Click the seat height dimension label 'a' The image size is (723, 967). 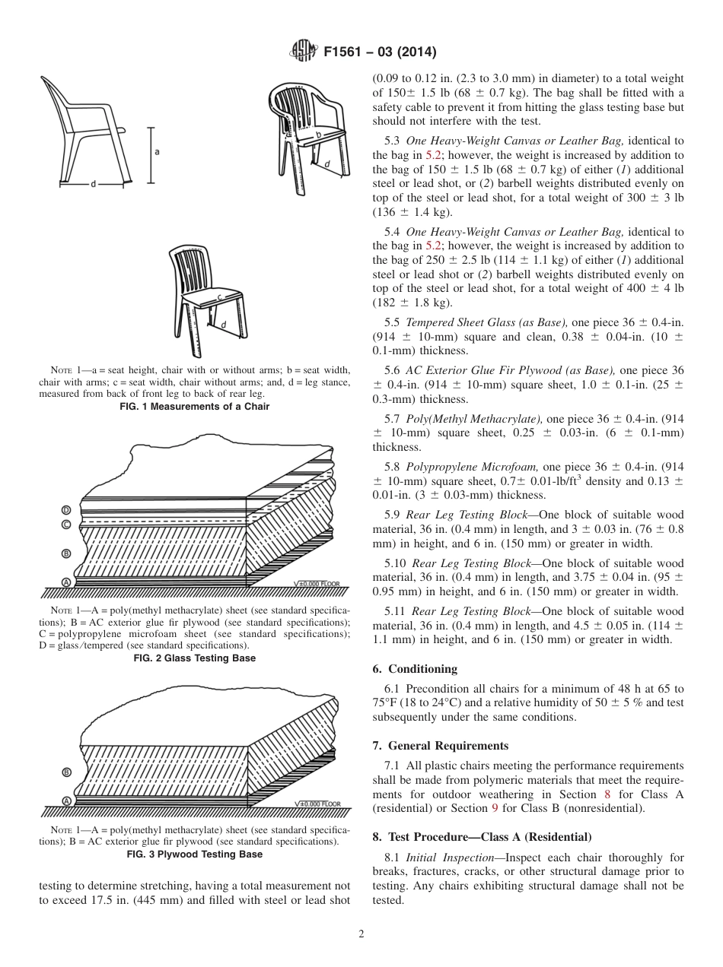tap(157, 151)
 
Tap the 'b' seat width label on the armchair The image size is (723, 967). tap(319, 135)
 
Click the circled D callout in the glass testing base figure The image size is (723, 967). tap(66, 509)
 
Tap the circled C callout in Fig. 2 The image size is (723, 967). tap(66, 525)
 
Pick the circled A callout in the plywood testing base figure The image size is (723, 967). tap(66, 801)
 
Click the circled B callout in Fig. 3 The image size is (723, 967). tap(66, 772)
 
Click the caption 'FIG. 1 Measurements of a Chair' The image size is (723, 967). tap(195, 407)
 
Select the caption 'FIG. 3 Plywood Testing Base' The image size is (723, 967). tap(195, 854)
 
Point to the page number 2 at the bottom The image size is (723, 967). tap(361, 934)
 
